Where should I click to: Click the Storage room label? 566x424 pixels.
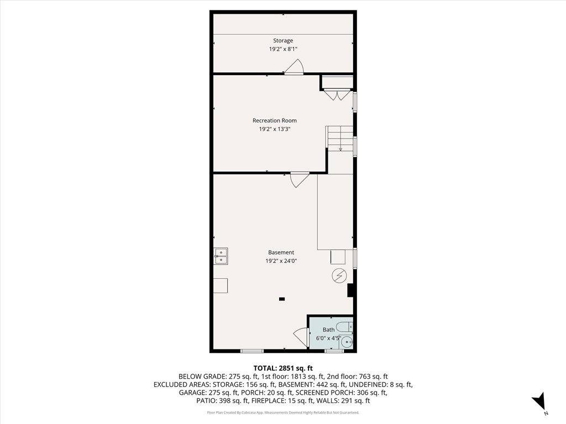282,40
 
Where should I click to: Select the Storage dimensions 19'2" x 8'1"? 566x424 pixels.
282,49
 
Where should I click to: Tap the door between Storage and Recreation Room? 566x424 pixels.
294,67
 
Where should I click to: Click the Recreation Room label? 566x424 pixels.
274,120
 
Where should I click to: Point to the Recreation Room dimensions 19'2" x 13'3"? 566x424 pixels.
274,129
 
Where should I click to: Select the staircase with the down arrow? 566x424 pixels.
339,138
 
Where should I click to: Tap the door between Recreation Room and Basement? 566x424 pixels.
299,179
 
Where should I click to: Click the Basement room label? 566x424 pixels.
281,252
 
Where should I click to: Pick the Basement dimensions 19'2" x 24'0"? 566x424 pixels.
281,261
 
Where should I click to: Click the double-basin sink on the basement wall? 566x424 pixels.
221,256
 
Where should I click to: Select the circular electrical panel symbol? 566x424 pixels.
338,276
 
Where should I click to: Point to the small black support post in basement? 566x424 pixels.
282,299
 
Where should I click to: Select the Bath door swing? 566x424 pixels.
301,336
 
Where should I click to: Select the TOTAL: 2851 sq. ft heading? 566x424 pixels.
282,368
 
